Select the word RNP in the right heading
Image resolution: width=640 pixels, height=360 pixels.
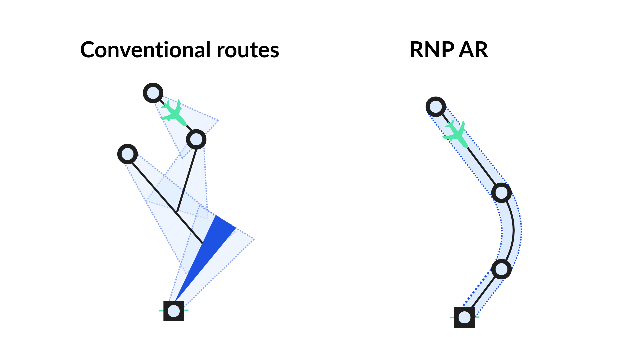coord(432,50)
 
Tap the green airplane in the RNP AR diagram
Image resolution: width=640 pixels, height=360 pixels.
coord(456,134)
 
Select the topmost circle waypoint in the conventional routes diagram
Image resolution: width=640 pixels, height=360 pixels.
coord(153,93)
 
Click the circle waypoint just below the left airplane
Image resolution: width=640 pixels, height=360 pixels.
coord(196,139)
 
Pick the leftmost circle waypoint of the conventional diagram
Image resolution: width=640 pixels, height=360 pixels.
coord(128,154)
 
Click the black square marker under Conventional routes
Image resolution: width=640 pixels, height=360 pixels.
coord(174,311)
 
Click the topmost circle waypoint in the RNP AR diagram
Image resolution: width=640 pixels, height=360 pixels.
coord(436,107)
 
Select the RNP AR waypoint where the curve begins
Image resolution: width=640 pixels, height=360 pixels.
coord(501,193)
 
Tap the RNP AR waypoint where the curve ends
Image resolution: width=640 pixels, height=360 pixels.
coord(501,269)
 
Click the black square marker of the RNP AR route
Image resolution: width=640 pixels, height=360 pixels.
coord(464,317)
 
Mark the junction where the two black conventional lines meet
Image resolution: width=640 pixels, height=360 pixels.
coord(177,211)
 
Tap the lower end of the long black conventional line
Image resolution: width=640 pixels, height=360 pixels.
coord(202,243)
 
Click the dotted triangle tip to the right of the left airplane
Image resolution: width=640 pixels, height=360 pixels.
coord(219,121)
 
